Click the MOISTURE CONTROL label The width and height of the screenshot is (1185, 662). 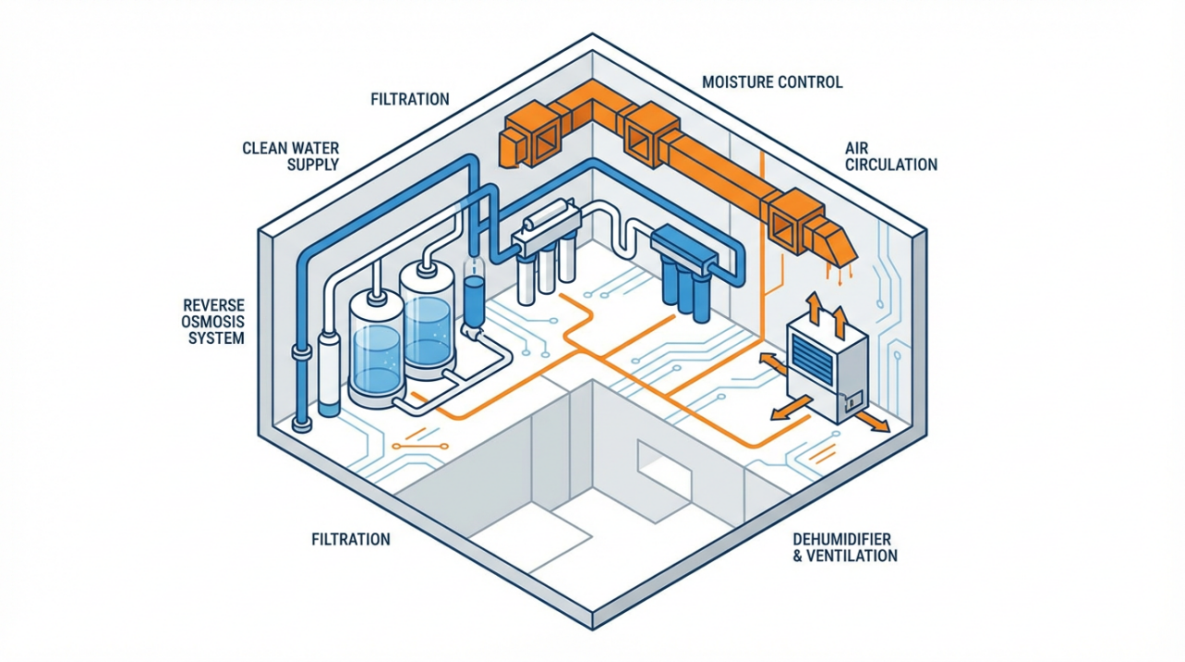click(x=772, y=82)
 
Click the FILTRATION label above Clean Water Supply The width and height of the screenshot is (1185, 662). click(x=408, y=98)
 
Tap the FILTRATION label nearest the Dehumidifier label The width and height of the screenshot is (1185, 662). click(x=351, y=538)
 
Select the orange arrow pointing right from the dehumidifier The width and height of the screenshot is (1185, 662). click(x=872, y=423)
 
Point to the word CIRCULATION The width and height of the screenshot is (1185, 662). click(x=890, y=165)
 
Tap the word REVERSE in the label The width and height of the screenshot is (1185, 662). click(x=214, y=305)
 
